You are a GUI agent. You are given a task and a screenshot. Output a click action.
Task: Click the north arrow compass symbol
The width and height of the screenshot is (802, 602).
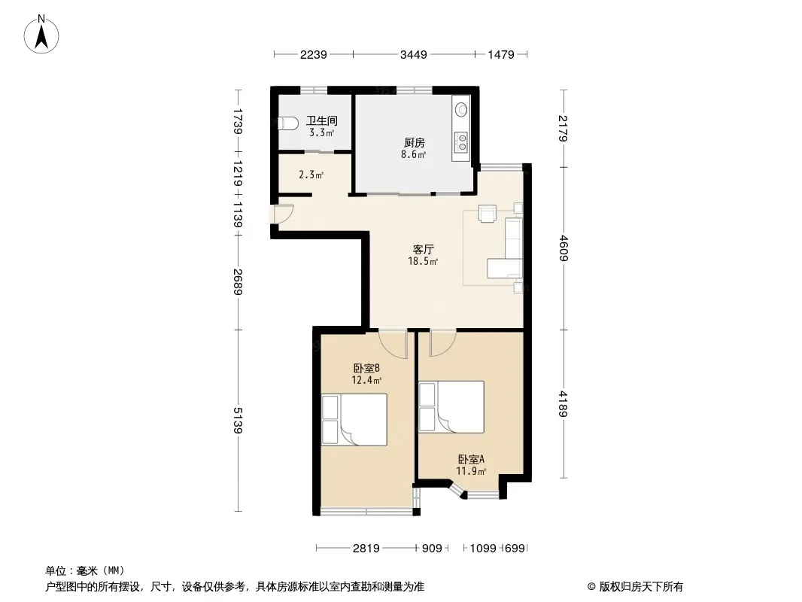click(41, 35)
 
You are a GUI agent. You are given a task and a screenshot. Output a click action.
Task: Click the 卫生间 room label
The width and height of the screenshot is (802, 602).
click(322, 120)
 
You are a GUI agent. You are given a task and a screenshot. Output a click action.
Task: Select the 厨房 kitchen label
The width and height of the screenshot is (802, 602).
click(414, 143)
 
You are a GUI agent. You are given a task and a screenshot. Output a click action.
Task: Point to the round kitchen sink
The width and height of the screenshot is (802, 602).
click(461, 109)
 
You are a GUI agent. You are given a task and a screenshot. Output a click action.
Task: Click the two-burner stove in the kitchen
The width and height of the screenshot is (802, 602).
click(462, 141)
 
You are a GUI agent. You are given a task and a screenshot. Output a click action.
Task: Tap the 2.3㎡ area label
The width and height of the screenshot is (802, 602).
click(311, 175)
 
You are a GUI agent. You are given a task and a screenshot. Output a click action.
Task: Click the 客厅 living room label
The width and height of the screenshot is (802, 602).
click(424, 249)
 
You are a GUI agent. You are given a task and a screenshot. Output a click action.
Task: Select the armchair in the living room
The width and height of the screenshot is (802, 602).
click(488, 213)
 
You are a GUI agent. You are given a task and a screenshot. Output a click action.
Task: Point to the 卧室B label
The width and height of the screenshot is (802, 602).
click(366, 368)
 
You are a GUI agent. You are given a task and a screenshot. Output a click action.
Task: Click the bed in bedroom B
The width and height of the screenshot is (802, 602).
click(354, 419)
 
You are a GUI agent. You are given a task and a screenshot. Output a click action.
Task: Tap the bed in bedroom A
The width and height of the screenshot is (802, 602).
click(451, 407)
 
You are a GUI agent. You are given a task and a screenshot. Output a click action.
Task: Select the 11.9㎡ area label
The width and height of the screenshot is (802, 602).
click(471, 471)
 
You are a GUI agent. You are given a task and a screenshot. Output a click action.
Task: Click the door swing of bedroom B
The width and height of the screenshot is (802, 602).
click(393, 344)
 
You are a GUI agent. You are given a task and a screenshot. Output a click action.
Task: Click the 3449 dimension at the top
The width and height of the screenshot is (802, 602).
click(413, 54)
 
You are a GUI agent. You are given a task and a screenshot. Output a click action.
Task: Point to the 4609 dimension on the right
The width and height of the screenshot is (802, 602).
click(564, 248)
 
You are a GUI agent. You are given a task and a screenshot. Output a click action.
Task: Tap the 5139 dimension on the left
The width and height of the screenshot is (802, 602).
click(237, 421)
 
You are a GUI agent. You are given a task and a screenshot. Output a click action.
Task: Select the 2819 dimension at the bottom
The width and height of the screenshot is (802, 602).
click(366, 549)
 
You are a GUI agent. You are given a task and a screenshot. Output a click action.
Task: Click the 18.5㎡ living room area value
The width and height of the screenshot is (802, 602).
click(423, 261)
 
